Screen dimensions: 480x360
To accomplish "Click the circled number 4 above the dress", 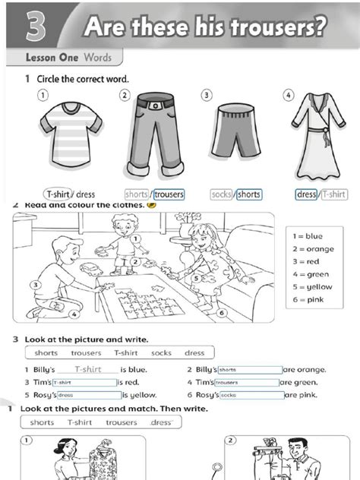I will point(287,95).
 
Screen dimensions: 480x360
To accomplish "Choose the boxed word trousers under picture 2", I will point(168,194).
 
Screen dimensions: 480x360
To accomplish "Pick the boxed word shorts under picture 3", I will point(248,194).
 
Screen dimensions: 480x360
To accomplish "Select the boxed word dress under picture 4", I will point(307,194).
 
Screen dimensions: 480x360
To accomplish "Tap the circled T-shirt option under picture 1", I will point(58,194).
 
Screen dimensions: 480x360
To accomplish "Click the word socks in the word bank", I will point(161,353).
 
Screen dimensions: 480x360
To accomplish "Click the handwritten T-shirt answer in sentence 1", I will point(87,370).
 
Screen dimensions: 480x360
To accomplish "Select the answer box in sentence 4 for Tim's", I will point(248,383).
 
